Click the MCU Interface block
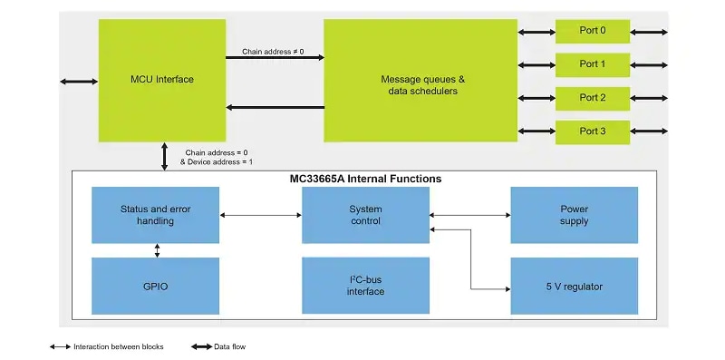(161, 80)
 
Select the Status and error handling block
(155, 215)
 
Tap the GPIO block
(155, 287)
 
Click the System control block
(365, 215)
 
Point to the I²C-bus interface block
(365, 287)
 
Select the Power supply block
(574, 215)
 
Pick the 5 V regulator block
(574, 287)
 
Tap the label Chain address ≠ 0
(273, 51)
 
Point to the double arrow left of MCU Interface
(79, 82)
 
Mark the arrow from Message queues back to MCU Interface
(274, 108)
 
